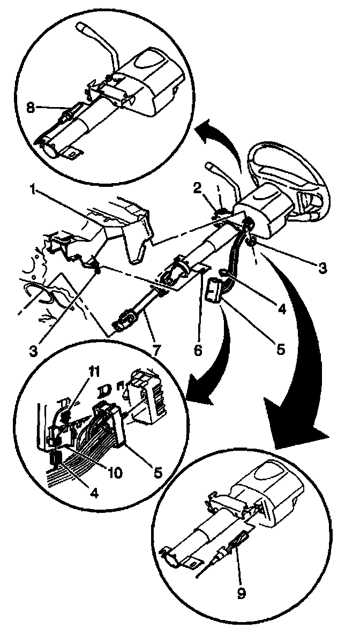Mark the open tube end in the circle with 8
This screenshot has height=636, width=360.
pos(48,147)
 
